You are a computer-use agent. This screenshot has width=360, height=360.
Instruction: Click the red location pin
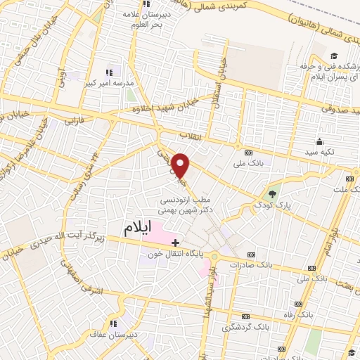coord(181,164)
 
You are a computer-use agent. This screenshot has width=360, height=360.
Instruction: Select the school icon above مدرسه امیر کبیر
coord(109,72)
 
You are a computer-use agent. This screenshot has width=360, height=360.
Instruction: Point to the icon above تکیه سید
coord(321,141)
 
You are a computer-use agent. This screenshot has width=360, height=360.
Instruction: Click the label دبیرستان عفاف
coord(112,335)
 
